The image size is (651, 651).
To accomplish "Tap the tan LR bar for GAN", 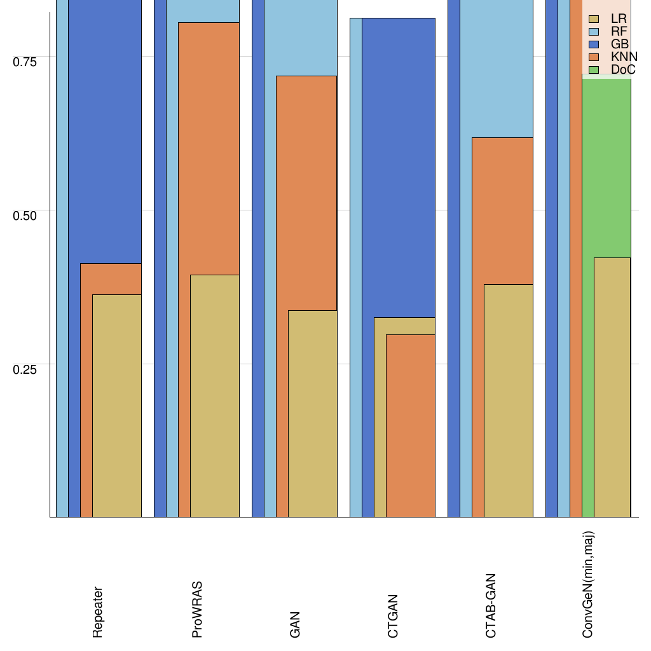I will [x=312, y=413].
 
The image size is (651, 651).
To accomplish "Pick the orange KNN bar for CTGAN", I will [x=411, y=426].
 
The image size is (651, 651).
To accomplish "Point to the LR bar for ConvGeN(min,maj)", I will [x=612, y=387].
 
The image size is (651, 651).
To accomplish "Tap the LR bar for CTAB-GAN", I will [x=509, y=401].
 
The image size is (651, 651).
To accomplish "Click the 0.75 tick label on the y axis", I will [x=25, y=61].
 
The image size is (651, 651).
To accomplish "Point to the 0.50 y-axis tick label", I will [x=25, y=215].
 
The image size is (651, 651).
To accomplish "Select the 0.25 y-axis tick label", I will [x=25, y=369].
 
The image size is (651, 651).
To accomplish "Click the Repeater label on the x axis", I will [x=97, y=612].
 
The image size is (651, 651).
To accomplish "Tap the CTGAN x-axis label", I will [x=393, y=616].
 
